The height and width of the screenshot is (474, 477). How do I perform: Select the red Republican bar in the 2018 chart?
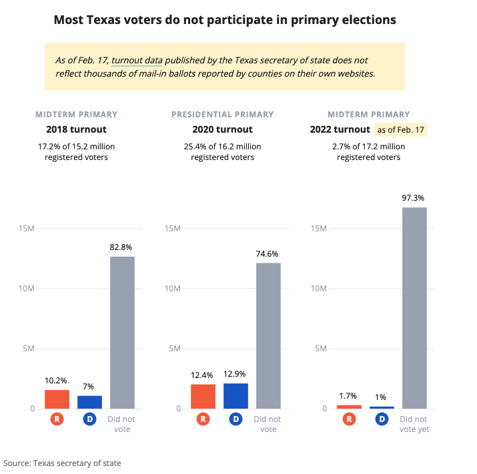coord(57,399)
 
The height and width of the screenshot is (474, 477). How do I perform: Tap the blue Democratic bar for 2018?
coord(89,402)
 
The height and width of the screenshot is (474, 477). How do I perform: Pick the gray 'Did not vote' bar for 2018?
coord(122,332)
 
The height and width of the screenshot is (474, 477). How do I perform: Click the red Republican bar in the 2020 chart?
coord(203,396)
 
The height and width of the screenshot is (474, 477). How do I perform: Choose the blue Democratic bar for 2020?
coord(235,395)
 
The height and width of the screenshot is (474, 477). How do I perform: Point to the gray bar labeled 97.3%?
coord(414,307)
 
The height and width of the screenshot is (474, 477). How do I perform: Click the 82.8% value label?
coord(122,247)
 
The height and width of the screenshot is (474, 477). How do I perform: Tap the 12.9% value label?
coord(235,374)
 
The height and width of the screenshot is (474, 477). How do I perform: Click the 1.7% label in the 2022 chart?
coord(349,395)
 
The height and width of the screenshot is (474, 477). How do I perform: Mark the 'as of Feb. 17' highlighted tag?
coord(401,129)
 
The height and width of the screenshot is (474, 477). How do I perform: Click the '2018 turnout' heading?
coord(76,129)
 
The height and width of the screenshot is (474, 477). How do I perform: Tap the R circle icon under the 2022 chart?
coord(349,419)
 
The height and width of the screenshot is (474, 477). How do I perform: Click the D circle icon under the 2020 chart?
coord(235,419)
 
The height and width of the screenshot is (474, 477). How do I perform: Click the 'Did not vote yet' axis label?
coord(414,424)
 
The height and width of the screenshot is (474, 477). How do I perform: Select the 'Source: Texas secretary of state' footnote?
coord(62,463)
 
